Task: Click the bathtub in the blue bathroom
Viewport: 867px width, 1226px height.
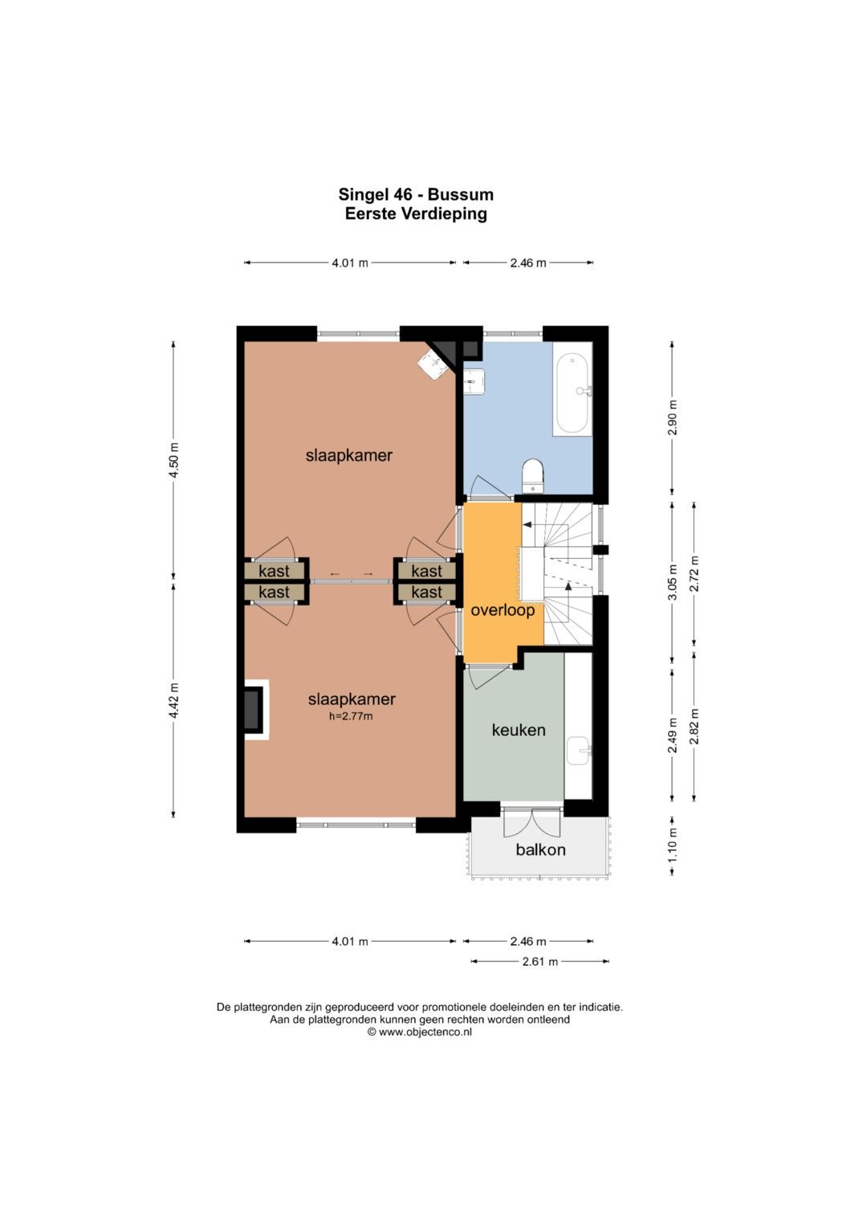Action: pos(572,389)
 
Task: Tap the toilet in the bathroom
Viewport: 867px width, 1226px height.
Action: pos(532,475)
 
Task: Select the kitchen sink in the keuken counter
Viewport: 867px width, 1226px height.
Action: pos(578,750)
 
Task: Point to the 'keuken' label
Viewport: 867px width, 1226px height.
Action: pos(519,730)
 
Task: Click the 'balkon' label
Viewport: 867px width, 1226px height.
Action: pos(540,849)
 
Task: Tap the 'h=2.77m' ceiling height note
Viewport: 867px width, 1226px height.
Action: pos(351,716)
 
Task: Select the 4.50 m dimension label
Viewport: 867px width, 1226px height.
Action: pos(173,459)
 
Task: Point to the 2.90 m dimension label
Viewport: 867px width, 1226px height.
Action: pos(673,417)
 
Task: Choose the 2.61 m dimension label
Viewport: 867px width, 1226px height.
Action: pos(539,961)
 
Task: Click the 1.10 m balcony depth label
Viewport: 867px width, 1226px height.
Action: pos(673,845)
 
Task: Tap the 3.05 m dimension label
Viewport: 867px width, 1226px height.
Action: pos(673,582)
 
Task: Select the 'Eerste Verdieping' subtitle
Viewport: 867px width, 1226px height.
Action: pos(416,214)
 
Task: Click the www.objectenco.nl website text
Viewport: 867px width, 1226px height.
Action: pos(425,1033)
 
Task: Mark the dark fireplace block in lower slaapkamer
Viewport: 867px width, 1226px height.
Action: pos(252,709)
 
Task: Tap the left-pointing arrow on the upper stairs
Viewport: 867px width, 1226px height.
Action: pos(527,524)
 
